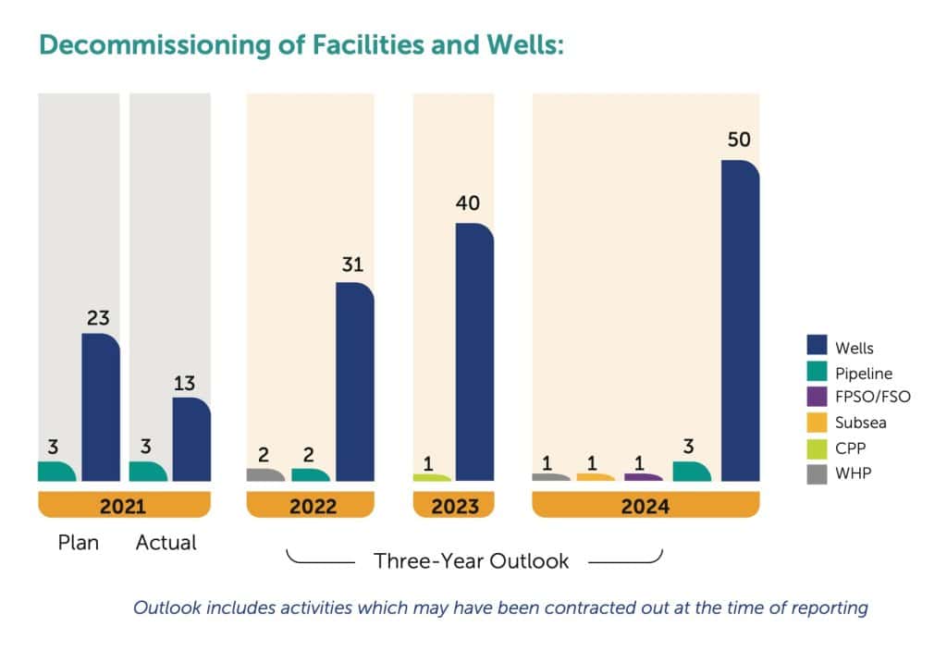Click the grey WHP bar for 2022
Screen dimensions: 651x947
pos(265,475)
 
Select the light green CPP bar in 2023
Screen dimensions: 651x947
pos(432,478)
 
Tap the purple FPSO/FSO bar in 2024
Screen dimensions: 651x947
pos(644,477)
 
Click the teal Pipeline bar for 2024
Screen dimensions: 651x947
pos(692,472)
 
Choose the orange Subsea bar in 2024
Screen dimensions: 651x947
pos(596,477)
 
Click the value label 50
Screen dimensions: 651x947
pos(739,141)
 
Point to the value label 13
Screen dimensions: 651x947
pos(191,383)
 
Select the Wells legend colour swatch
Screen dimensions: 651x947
pos(817,348)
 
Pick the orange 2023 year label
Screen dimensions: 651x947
pos(453,506)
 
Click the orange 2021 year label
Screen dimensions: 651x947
pos(124,506)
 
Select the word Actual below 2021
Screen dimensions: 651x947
pos(166,543)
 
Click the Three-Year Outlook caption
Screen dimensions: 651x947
pos(471,560)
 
